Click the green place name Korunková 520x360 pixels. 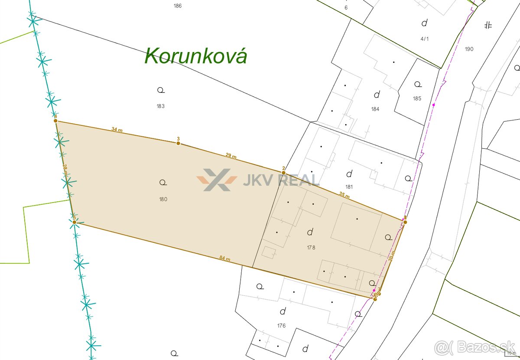[196, 56]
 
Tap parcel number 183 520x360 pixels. [161, 106]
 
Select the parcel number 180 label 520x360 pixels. [163, 200]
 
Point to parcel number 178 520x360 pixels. [311, 248]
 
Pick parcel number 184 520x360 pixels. [375, 109]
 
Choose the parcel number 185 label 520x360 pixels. [417, 98]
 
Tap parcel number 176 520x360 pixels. [281, 326]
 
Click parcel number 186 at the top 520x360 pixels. [177, 6]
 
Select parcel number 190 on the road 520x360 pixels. [469, 49]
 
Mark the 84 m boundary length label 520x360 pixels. [224, 259]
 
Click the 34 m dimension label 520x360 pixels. [117, 129]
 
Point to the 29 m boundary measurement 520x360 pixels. [231, 156]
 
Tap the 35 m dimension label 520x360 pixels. [344, 196]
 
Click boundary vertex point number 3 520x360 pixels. [178, 143]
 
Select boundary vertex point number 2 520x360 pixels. [283, 173]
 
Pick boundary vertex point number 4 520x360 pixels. [56, 121]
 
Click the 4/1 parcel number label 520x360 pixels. [424, 39]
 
